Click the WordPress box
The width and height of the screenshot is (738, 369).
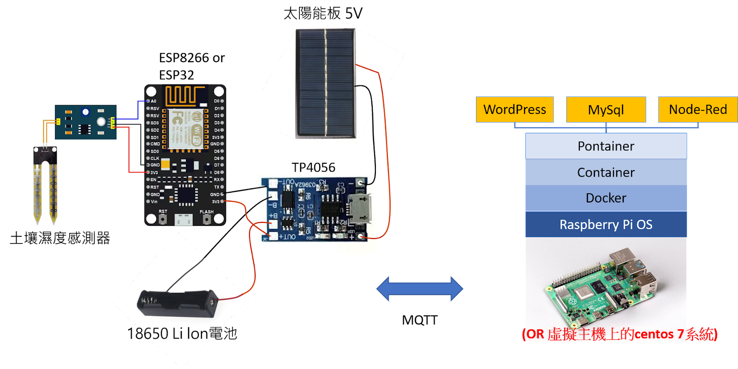(x=515, y=110)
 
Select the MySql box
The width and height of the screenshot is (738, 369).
(x=606, y=110)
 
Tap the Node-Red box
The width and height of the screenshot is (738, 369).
(x=697, y=110)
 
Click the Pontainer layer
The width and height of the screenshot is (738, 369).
(x=606, y=146)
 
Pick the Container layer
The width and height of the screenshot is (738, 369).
(x=606, y=173)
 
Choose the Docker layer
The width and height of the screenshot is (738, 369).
(x=606, y=198)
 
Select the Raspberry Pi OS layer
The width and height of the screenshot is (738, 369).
(x=606, y=225)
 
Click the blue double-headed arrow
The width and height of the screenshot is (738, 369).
(x=420, y=289)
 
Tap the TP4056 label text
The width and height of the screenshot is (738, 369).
(x=313, y=167)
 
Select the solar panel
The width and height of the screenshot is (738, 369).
(x=326, y=83)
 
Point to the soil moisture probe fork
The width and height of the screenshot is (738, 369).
(x=45, y=184)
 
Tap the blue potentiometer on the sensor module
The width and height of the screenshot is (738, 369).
(x=85, y=112)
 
